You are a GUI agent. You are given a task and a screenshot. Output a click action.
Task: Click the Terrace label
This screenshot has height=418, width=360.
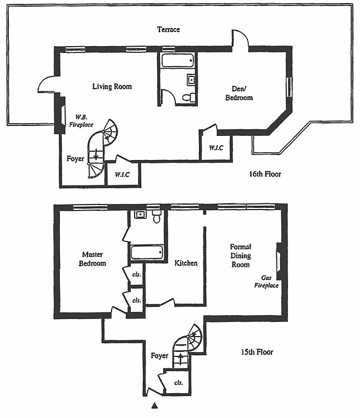click(168, 29)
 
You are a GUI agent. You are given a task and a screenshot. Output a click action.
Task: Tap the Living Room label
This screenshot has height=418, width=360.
click(112, 86)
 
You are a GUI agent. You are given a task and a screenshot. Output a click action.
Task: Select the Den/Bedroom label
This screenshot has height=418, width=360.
click(239, 93)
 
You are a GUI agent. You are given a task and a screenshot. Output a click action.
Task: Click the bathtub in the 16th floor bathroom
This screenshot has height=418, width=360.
click(178, 61)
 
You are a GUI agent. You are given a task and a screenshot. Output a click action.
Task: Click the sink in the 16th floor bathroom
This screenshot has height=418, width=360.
click(191, 79)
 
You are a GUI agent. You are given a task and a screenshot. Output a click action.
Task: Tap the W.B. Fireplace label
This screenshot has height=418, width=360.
click(81, 121)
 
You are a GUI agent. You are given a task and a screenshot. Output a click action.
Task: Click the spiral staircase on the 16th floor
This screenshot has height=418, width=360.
click(102, 148)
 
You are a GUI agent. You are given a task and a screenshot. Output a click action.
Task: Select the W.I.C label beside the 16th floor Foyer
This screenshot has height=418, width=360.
click(123, 174)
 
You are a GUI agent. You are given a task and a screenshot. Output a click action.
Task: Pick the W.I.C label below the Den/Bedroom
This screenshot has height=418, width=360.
click(216, 148)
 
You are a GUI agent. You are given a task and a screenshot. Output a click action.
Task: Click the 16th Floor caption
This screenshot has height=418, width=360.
click(265, 174)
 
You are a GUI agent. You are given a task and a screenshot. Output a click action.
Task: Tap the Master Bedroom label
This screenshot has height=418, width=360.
click(92, 259)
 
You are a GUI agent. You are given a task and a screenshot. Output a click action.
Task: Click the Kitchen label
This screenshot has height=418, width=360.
click(186, 263)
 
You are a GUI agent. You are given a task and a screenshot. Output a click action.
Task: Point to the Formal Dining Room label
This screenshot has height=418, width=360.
click(240, 256)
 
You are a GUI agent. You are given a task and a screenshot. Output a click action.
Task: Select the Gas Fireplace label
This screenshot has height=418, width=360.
click(266, 282)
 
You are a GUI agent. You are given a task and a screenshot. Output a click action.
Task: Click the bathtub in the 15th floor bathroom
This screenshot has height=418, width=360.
click(147, 252)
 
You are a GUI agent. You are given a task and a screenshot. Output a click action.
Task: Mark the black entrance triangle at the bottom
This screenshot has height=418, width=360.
click(154, 406)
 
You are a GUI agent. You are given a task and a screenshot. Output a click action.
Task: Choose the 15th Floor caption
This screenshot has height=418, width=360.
click(257, 352)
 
